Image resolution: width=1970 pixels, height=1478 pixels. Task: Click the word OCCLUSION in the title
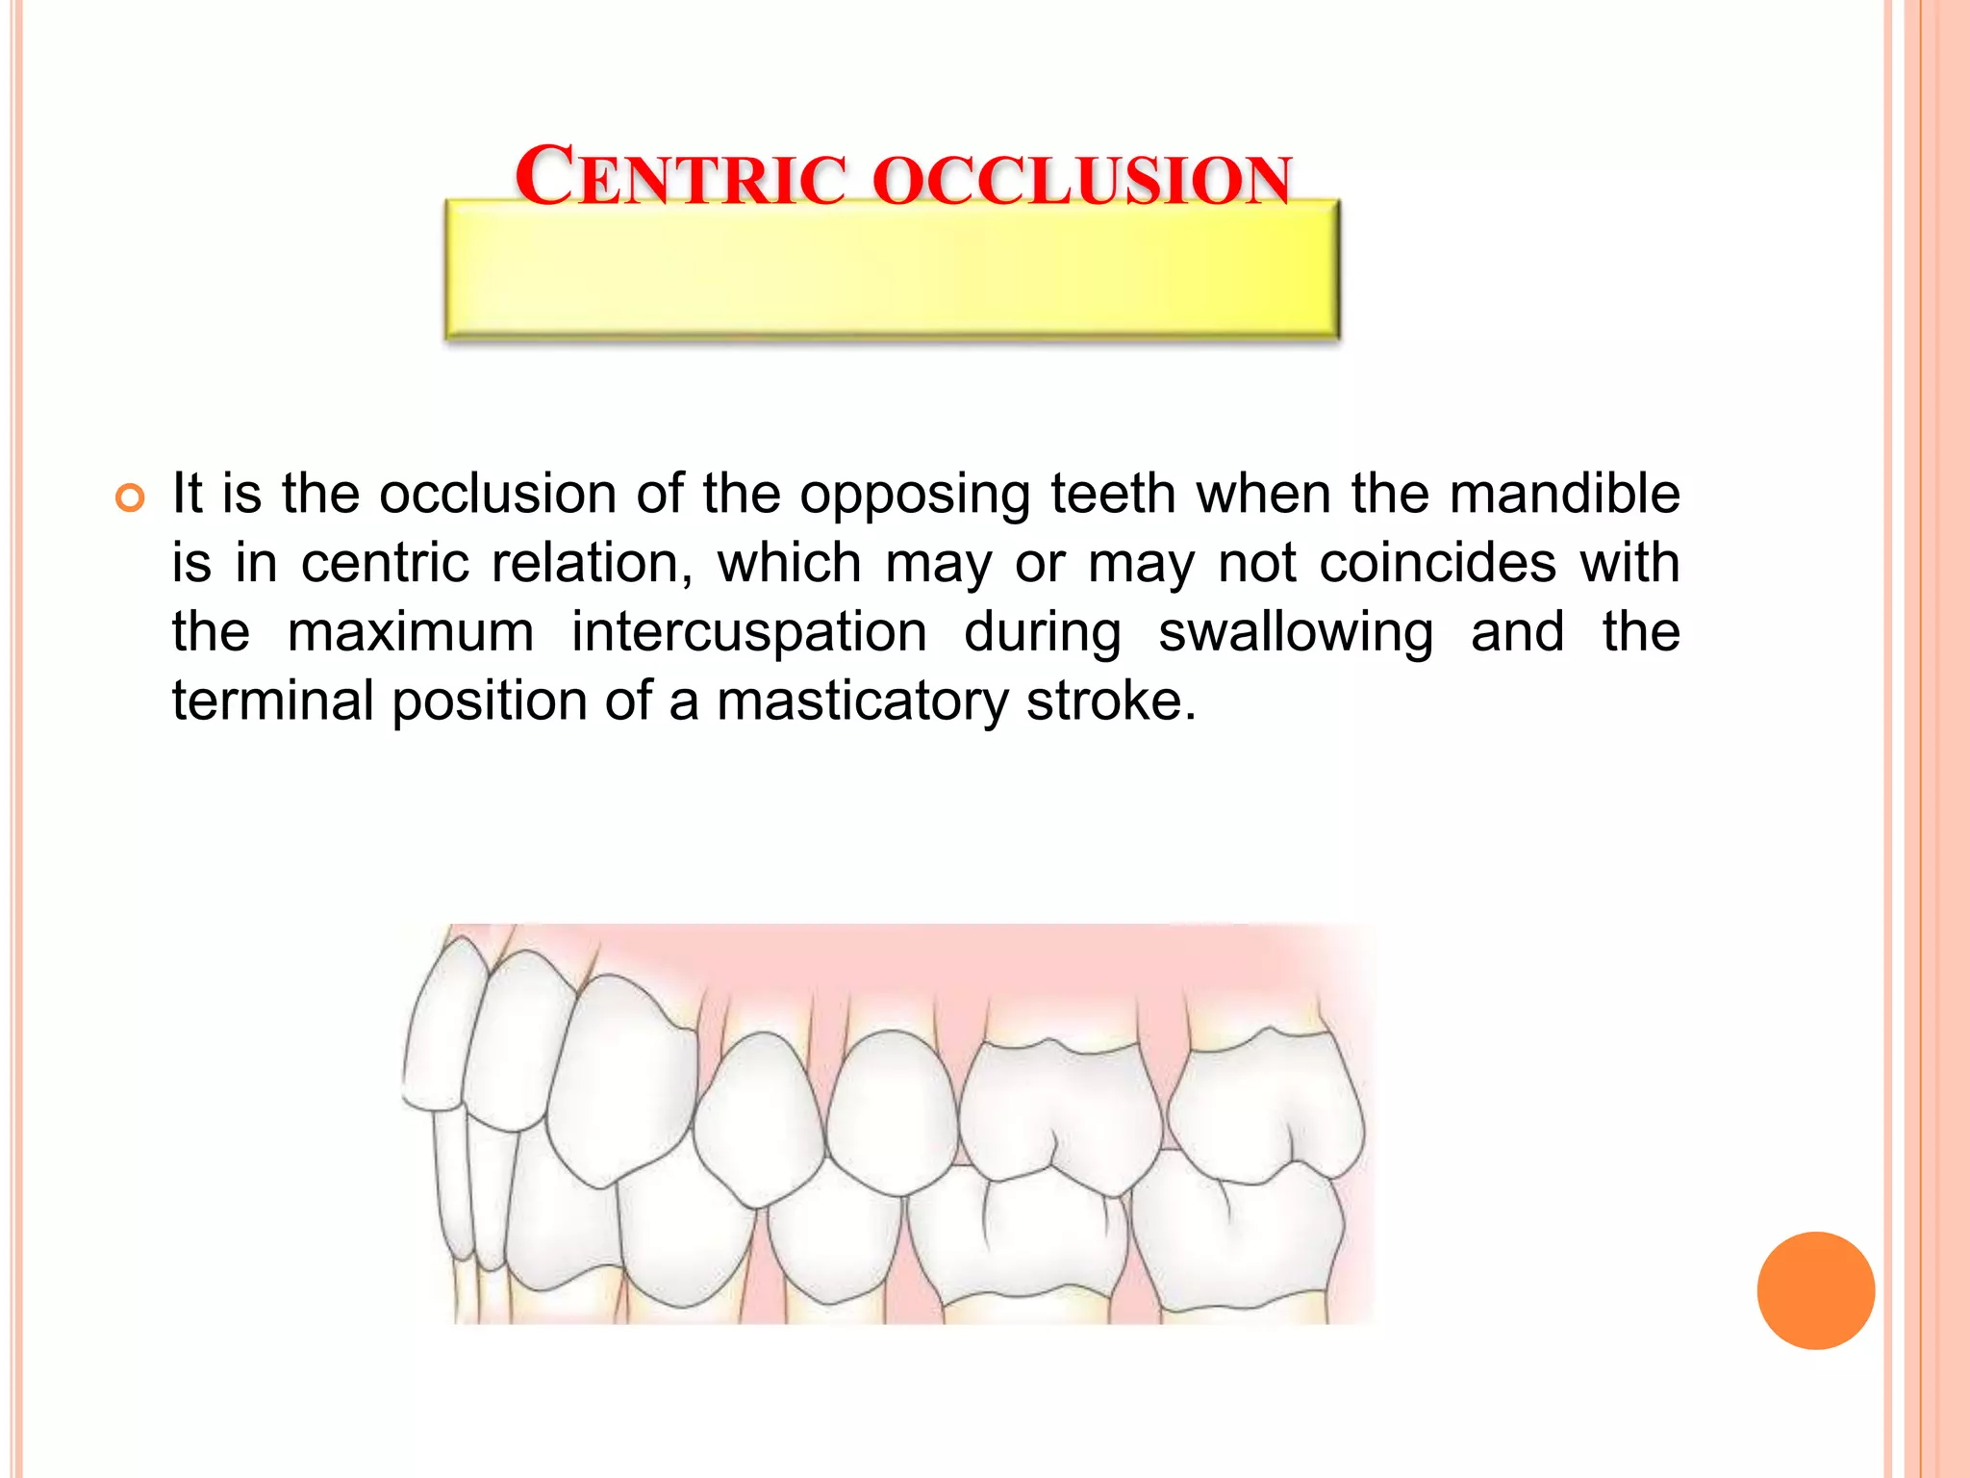(1082, 180)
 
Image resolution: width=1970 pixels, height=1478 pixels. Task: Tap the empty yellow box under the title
(892, 274)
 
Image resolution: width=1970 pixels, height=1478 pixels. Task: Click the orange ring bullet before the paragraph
(130, 497)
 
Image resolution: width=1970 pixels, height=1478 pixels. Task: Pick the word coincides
(1437, 563)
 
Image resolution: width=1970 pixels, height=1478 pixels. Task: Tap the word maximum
(411, 632)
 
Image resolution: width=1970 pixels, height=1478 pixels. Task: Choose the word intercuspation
(749, 632)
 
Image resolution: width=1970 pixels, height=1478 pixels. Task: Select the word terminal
(272, 701)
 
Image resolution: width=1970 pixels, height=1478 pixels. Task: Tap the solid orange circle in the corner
(1815, 1290)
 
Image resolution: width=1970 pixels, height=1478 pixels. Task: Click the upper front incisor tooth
(442, 1030)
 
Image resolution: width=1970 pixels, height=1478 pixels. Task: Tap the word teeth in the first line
(1113, 494)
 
